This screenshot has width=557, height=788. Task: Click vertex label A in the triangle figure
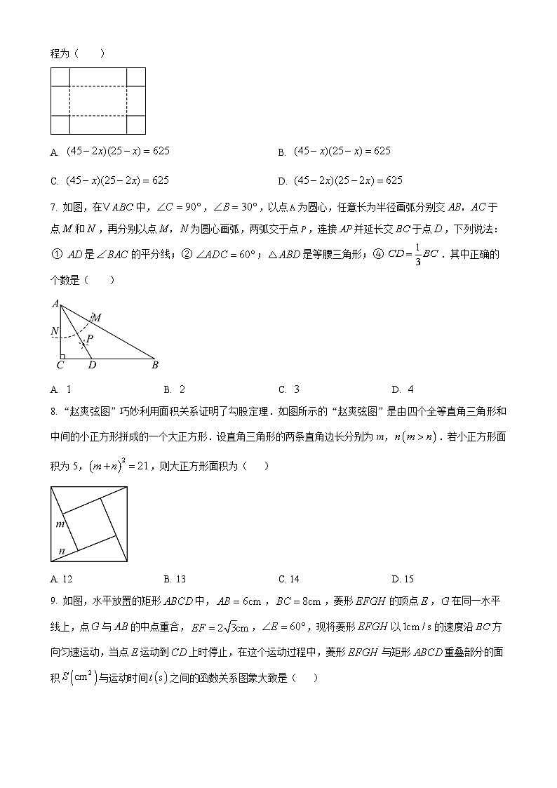55,303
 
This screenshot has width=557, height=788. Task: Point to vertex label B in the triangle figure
154,365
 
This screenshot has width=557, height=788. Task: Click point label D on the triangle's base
92,365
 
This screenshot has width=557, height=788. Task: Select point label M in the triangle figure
97,318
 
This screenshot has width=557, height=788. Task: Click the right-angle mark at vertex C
62,356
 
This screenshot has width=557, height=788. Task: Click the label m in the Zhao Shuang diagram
60,523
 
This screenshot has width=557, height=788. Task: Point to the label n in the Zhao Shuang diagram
62,552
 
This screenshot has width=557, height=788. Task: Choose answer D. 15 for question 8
403,579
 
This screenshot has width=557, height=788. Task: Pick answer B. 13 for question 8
175,579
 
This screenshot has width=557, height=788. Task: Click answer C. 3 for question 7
289,389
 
